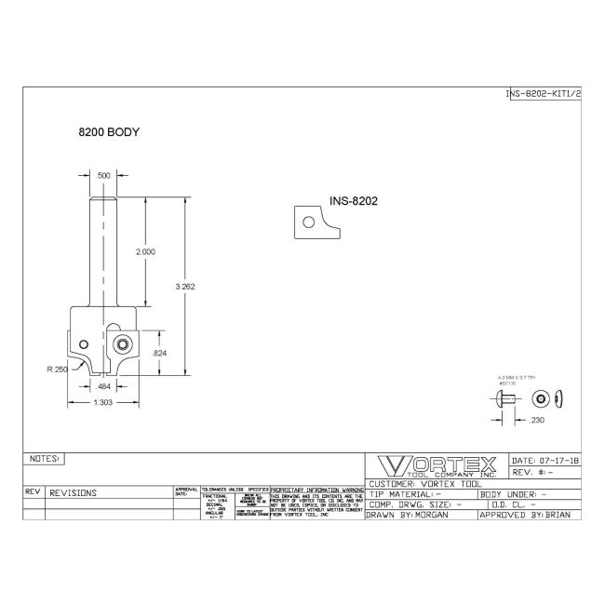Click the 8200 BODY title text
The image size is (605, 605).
coord(109,132)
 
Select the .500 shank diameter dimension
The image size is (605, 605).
coord(103,175)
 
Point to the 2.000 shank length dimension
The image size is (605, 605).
coord(145,252)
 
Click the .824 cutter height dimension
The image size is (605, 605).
coord(159,353)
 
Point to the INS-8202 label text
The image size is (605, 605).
coord(352,199)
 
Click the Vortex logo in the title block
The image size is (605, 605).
coord(436,466)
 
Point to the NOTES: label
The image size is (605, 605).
coord(45,459)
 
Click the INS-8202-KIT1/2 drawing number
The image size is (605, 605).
coord(543,94)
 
